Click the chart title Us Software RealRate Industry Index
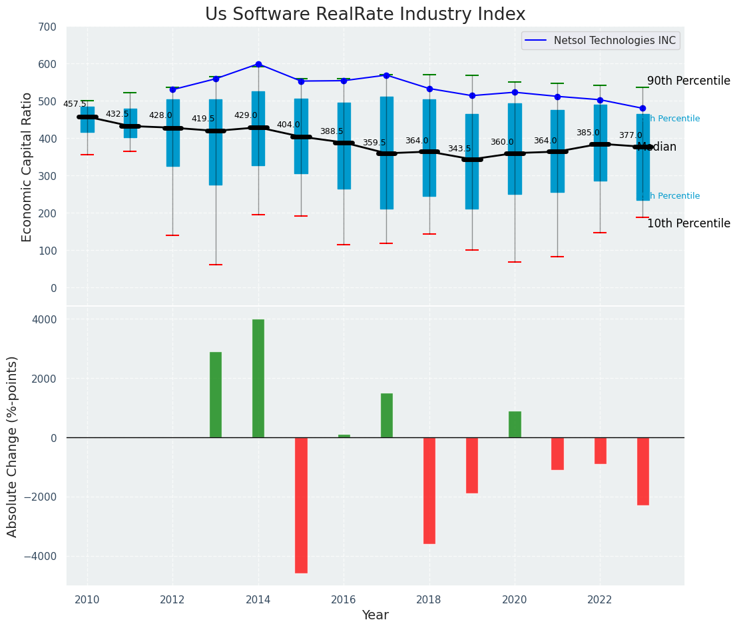pyautogui.click(x=365, y=15)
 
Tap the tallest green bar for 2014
pyautogui.click(x=258, y=378)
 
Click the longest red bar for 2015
pyautogui.click(x=301, y=505)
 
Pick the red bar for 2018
pyautogui.click(x=429, y=490)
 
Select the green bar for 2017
pyautogui.click(x=387, y=415)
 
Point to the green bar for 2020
pyautogui.click(x=515, y=424)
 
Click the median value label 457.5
pyautogui.click(x=75, y=104)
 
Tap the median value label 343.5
pyautogui.click(x=459, y=149)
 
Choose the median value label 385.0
pyautogui.click(x=588, y=133)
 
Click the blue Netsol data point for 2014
pyautogui.click(x=258, y=65)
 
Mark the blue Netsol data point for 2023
pyautogui.click(x=642, y=108)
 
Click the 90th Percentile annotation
pyautogui.click(x=688, y=81)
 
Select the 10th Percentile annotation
pyautogui.click(x=688, y=223)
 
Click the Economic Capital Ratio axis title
pyautogui.click(x=27, y=167)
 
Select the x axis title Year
pyautogui.click(x=375, y=615)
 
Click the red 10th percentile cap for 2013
pyautogui.click(x=216, y=265)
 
